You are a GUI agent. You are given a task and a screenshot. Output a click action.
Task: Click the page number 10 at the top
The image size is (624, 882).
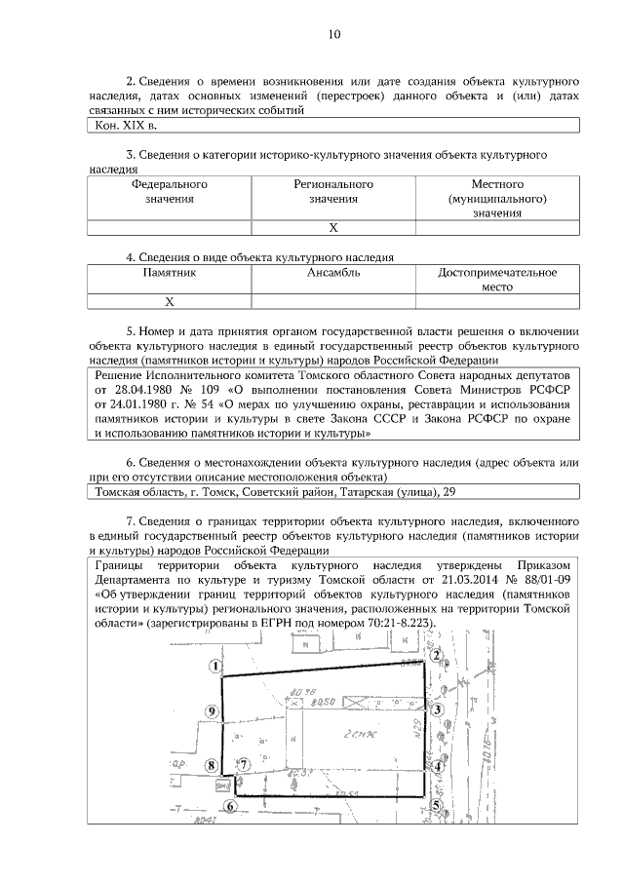pos(334,35)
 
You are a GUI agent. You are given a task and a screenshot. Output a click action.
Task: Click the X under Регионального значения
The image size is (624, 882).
pos(333,227)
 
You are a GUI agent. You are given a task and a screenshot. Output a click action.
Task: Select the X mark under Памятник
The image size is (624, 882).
pos(170,301)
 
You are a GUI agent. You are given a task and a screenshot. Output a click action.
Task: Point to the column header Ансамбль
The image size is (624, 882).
pos(333,273)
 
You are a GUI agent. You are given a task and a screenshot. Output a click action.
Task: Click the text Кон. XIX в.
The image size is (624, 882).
pos(126,126)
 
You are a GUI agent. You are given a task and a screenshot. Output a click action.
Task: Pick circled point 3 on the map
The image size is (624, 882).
pos(439,709)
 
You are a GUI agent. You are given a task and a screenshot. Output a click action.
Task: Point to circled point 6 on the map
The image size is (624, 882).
pos(230,805)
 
